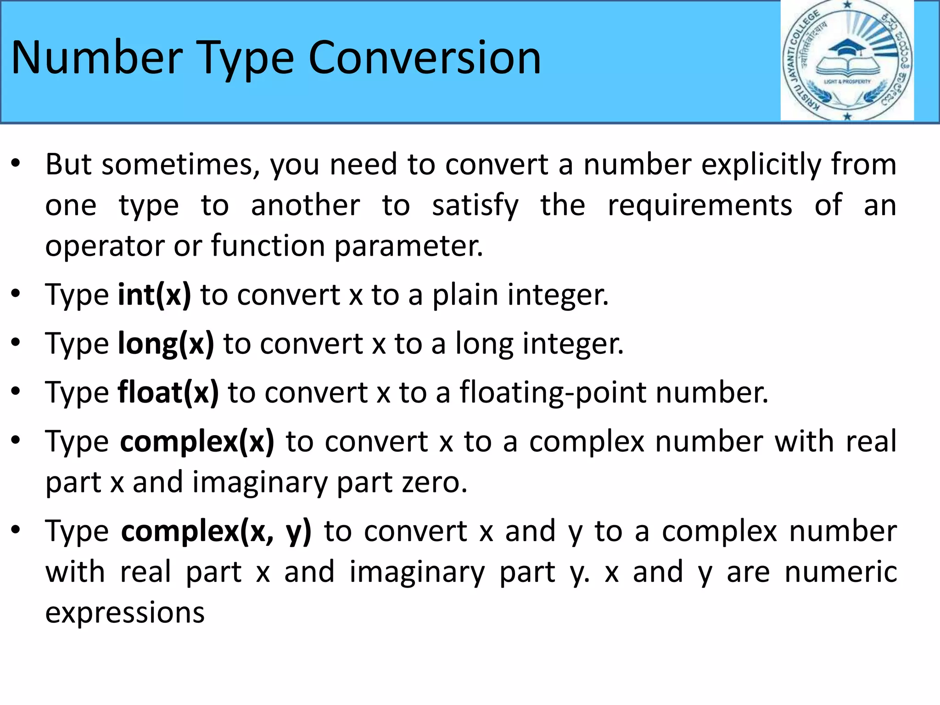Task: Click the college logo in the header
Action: [847, 61]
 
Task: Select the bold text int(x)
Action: [154, 295]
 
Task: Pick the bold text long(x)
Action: [166, 343]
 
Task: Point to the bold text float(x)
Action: [168, 392]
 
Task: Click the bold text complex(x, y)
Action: [216, 531]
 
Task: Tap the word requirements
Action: [699, 205]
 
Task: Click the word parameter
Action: [408, 246]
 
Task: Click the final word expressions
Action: [125, 612]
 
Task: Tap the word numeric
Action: [840, 572]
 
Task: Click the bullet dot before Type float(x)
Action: [16, 392]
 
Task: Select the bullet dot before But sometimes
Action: [16, 163]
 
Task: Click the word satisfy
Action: [475, 205]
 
